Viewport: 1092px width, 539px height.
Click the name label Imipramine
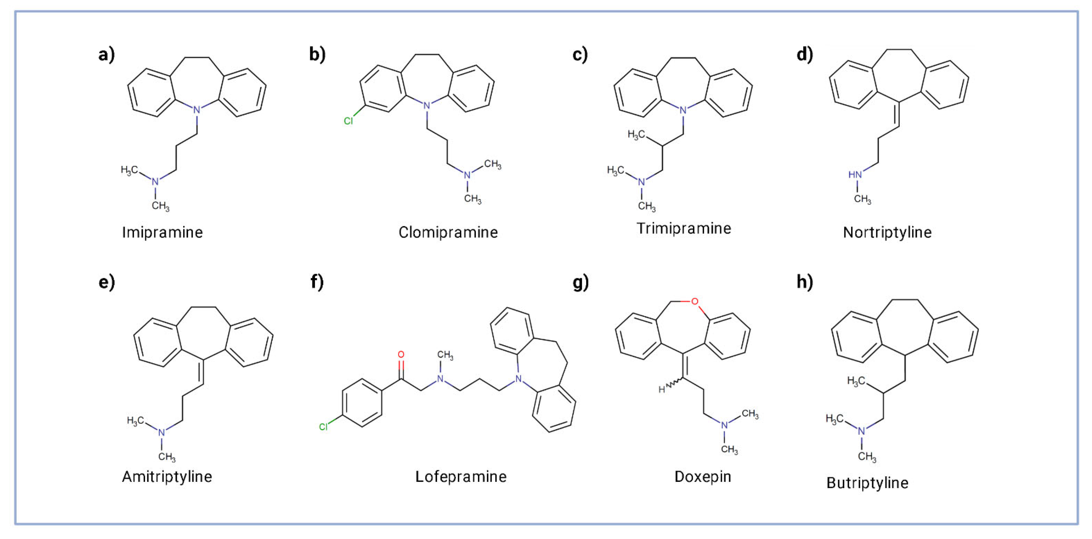[162, 233]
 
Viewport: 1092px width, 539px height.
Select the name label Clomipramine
[448, 233]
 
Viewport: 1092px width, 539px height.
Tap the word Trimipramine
[684, 229]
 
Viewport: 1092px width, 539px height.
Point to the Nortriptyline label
[887, 233]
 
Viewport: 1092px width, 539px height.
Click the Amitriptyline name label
[167, 477]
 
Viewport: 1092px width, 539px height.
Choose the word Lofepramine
[461, 477]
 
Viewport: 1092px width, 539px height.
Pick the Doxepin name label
[703, 477]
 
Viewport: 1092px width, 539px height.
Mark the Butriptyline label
[867, 483]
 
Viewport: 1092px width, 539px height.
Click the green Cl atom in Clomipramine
[348, 121]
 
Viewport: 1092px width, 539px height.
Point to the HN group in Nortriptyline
[855, 175]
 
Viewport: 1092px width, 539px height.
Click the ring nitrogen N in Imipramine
[197, 110]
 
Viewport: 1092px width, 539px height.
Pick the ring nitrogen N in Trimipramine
[683, 110]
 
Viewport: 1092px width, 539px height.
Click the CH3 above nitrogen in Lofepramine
[445, 355]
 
